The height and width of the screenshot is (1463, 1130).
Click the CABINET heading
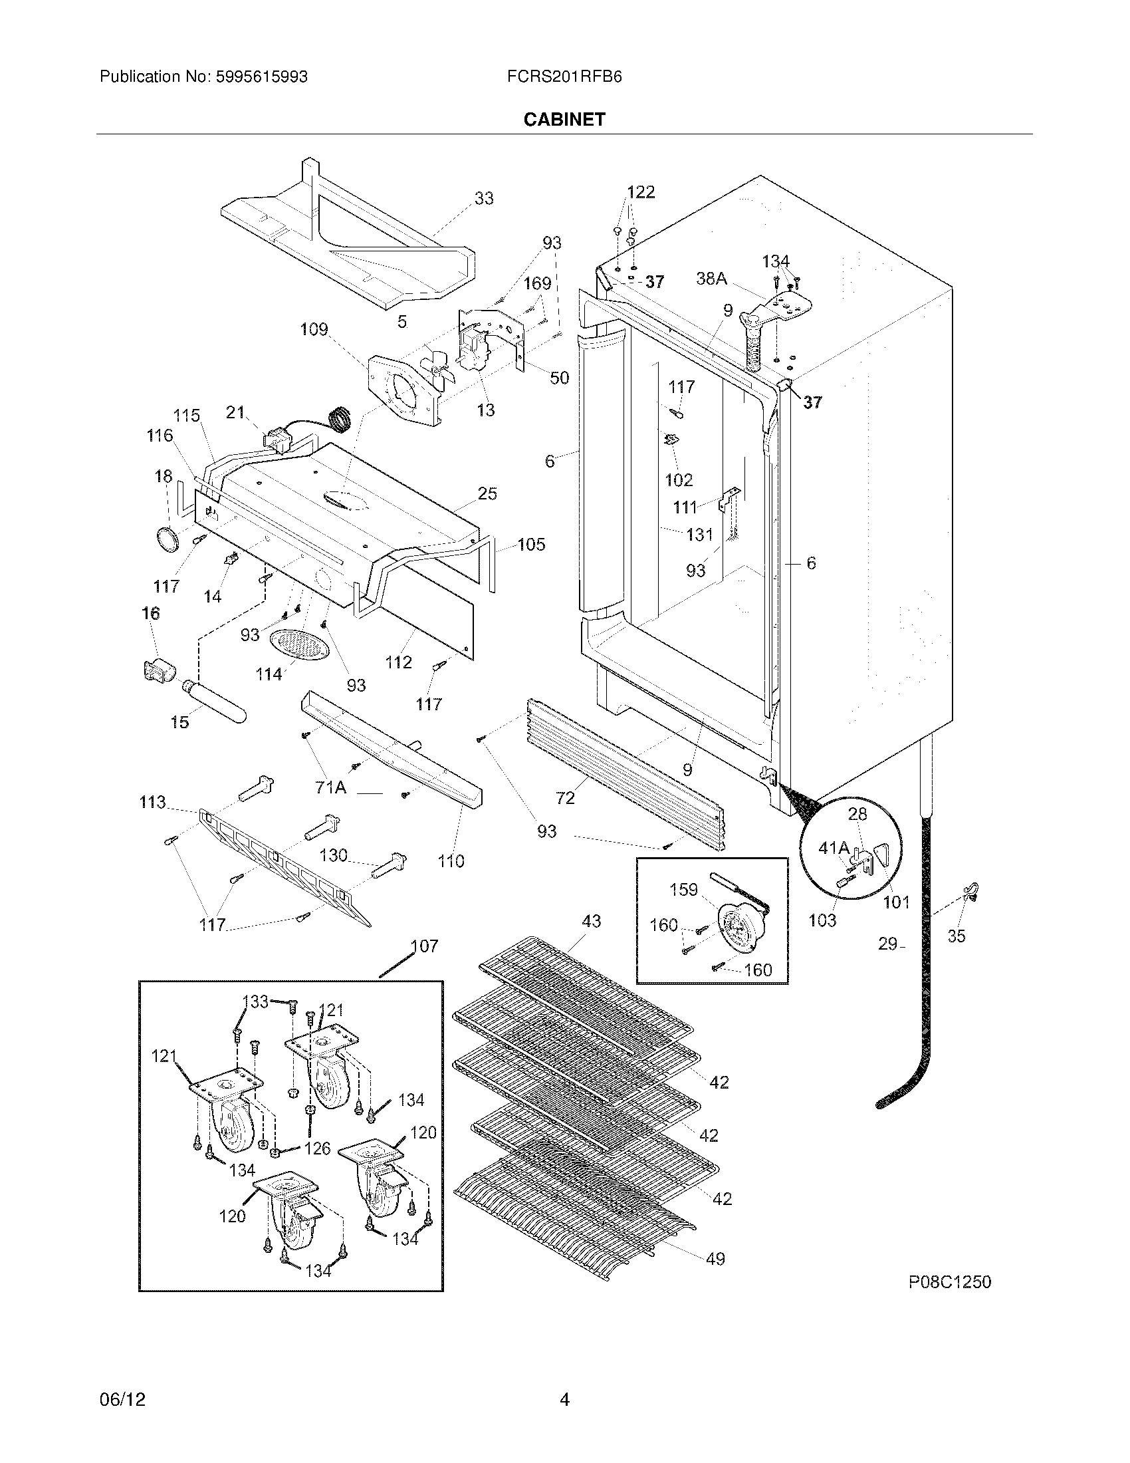(564, 119)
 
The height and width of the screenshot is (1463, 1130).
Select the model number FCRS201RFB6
(564, 77)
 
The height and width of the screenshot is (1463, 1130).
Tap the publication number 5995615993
(261, 77)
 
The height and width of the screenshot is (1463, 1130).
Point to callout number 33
(483, 198)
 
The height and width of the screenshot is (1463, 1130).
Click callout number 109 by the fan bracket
(313, 329)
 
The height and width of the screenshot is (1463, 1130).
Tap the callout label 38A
(711, 279)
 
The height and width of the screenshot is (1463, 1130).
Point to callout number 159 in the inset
(683, 890)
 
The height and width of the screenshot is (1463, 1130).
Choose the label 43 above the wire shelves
(591, 921)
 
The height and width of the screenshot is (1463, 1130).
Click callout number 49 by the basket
(715, 1259)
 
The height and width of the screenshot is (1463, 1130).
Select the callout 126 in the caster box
(316, 1148)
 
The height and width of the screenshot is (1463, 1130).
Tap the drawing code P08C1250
(949, 1281)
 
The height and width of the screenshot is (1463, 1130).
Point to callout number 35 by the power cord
(956, 936)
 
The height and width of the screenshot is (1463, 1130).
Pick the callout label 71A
(331, 788)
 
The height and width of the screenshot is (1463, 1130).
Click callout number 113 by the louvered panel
(152, 802)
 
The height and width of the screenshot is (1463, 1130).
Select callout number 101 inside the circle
(896, 902)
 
